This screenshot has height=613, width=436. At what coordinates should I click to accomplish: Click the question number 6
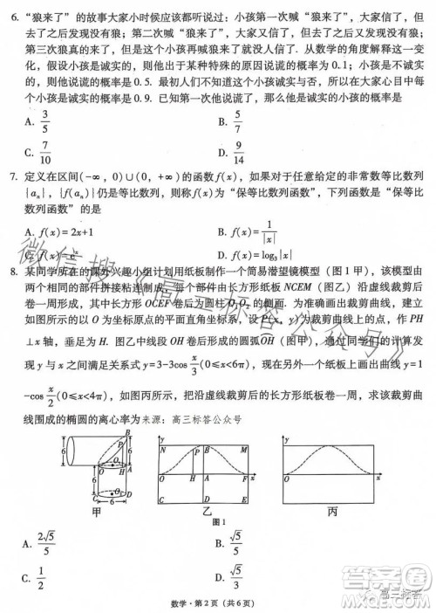click(11, 15)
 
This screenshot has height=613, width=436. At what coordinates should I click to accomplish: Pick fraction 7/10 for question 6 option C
click(44, 154)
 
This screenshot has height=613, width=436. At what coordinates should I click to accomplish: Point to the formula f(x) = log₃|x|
click(265, 255)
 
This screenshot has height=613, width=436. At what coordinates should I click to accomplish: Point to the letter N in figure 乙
click(163, 450)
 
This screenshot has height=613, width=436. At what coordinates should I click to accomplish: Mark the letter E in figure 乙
click(251, 499)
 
